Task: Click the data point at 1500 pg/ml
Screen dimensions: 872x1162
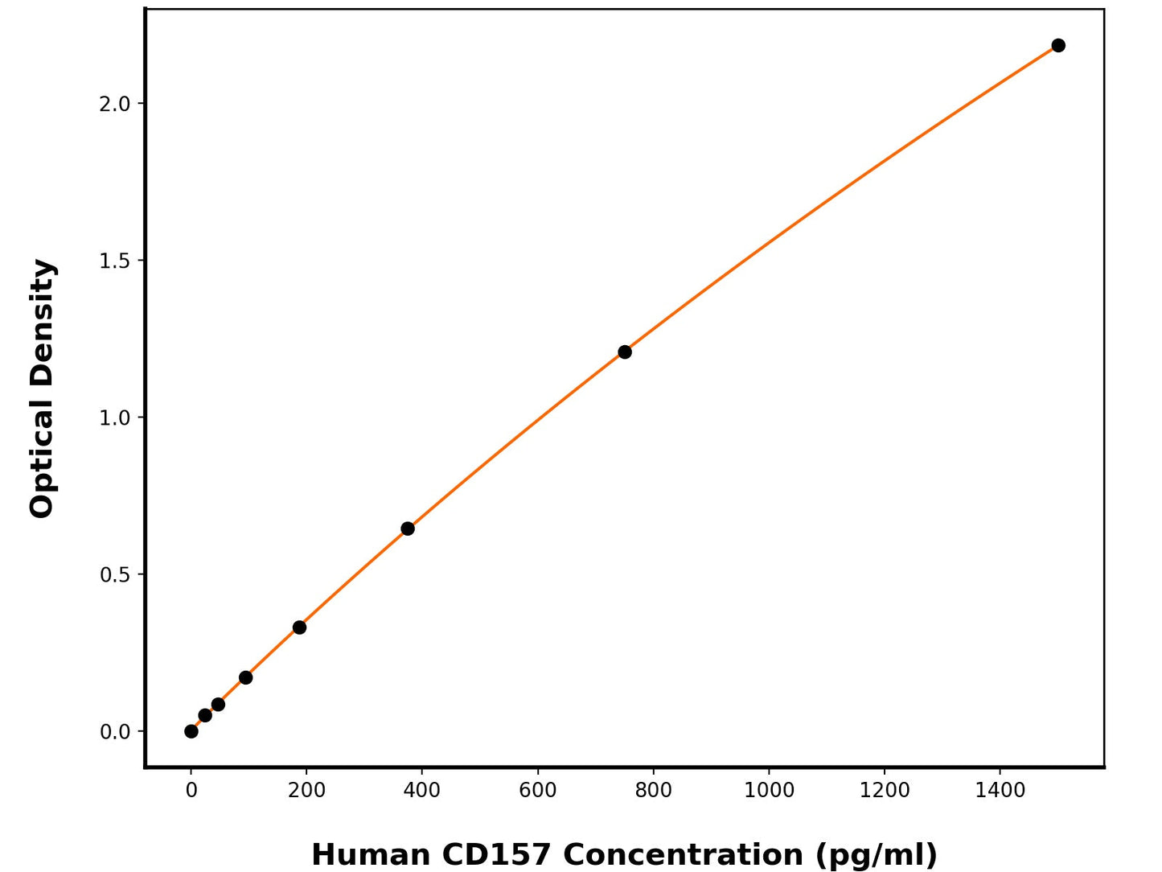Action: [1058, 45]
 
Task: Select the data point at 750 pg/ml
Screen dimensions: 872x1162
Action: [625, 352]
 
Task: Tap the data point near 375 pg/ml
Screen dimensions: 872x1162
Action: [408, 529]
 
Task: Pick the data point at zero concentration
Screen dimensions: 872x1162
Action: [191, 731]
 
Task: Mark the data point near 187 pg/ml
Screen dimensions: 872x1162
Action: [299, 627]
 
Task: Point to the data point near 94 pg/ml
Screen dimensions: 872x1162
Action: [246, 677]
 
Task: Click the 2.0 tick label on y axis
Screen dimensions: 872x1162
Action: [114, 104]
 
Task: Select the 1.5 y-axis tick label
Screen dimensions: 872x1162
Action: [114, 261]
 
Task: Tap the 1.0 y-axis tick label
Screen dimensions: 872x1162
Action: [114, 417]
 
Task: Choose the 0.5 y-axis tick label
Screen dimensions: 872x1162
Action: [114, 574]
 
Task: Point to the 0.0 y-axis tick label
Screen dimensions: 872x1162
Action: [114, 732]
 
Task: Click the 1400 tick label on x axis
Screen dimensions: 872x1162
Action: [1000, 791]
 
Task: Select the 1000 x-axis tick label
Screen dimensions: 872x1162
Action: [769, 791]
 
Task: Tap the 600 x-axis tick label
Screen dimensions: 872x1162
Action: [538, 791]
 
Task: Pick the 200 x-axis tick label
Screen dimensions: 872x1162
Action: [306, 791]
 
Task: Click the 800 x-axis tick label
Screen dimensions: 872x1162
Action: [653, 791]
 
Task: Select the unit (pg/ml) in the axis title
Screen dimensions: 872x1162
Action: [877, 855]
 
